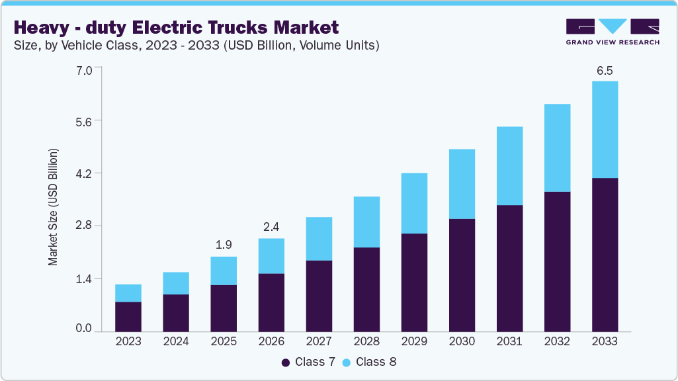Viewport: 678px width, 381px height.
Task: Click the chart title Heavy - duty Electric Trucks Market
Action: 176,28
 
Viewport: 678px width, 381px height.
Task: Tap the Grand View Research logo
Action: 612,32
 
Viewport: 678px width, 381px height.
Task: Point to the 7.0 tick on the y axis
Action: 84,68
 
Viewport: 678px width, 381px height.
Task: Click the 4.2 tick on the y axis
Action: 84,173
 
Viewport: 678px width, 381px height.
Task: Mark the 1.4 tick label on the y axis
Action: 84,278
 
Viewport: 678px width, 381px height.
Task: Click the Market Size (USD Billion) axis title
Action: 53,207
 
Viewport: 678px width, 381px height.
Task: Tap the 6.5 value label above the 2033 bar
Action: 605,69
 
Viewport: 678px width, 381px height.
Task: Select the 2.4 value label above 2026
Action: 271,227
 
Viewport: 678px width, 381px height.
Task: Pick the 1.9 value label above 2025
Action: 224,245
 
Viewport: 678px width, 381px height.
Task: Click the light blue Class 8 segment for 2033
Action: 605,130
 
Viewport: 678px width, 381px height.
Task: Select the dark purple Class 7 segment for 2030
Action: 462,275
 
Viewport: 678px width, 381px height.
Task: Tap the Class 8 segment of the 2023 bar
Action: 128,293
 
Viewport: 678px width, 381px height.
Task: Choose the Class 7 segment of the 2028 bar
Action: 366,289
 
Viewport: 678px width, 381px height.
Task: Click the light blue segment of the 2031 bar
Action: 509,166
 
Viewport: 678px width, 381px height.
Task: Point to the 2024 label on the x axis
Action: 176,342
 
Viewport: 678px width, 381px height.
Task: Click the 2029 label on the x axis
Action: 414,342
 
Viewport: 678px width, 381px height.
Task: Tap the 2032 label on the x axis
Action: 557,342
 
